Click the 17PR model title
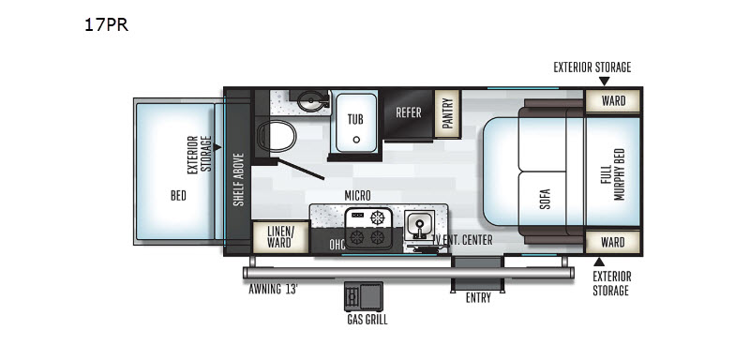(x=106, y=25)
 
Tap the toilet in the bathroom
(x=277, y=136)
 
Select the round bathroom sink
(x=311, y=101)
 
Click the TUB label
(x=355, y=118)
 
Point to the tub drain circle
(x=356, y=140)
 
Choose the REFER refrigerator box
(x=408, y=113)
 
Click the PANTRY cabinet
(x=447, y=113)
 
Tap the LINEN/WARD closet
(x=279, y=236)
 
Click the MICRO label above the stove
(x=357, y=196)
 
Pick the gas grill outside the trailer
(x=364, y=296)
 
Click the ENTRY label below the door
(x=478, y=298)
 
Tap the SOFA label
(x=546, y=200)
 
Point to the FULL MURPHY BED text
(x=612, y=173)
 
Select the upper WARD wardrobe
(x=613, y=101)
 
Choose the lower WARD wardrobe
(x=613, y=242)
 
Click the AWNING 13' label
(x=273, y=290)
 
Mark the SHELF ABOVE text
(x=238, y=179)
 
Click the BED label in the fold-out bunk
(x=178, y=196)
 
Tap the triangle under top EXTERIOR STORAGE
(x=605, y=81)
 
